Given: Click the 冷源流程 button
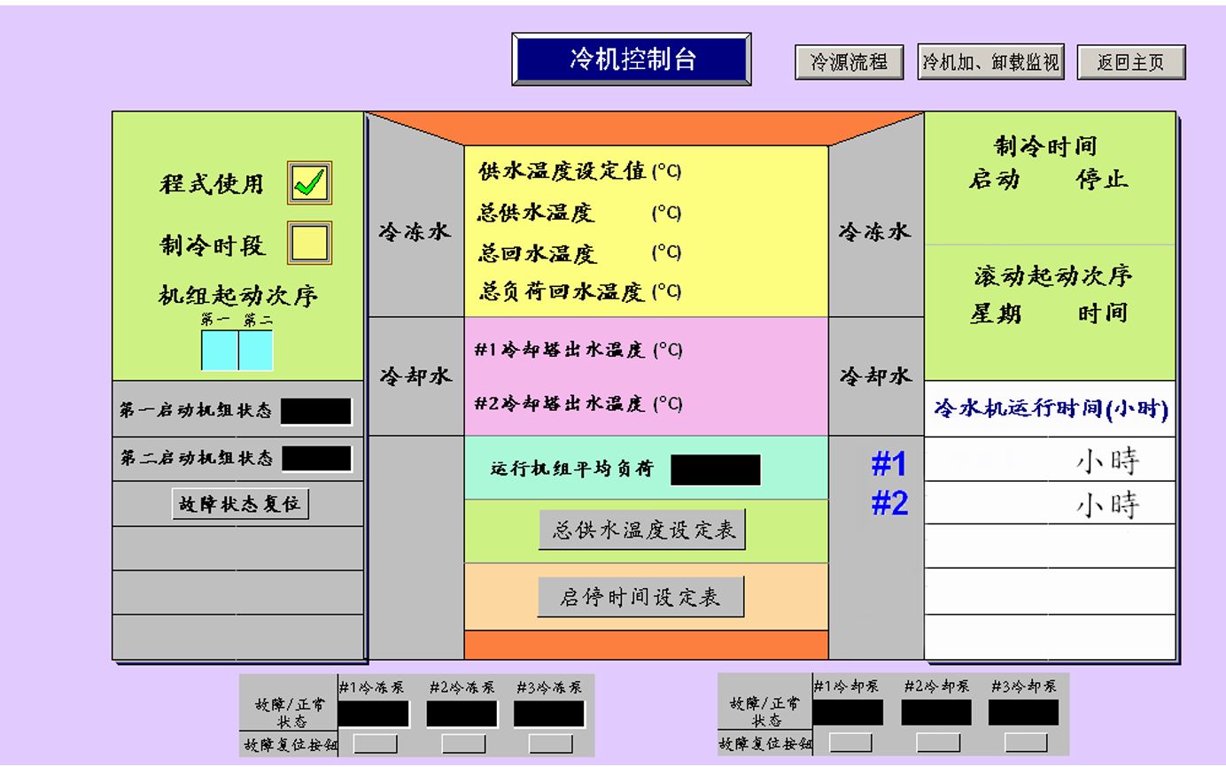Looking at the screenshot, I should [849, 63].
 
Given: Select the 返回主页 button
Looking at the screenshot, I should [1130, 63].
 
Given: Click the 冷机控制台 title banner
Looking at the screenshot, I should [632, 59].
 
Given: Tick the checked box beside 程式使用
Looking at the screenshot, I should [309, 183].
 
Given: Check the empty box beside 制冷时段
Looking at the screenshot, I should [309, 243].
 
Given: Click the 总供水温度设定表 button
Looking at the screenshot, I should [642, 531].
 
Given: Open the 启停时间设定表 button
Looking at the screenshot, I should [640, 597].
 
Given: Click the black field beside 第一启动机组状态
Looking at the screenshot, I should [316, 412].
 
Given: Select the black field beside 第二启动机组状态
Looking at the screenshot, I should [316, 459].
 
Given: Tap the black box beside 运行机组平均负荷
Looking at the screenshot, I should [715, 470].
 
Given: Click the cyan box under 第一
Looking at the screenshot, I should [219, 350].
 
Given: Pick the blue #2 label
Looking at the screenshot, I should [889, 504].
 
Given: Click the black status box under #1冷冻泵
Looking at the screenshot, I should [374, 714].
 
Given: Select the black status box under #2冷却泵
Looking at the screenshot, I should [935, 713].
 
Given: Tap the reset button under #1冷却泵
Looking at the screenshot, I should [850, 743].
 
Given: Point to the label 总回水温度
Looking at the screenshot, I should [538, 254].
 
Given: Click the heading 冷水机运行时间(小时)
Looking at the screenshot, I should [1051, 409].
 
